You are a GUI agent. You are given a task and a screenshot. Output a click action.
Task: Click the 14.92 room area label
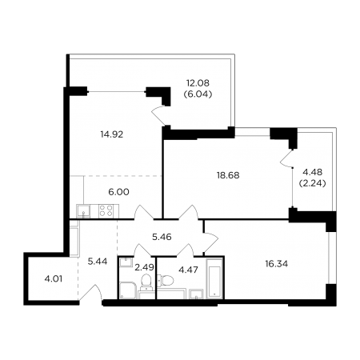(112, 134)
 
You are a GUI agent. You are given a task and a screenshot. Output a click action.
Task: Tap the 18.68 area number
(228, 175)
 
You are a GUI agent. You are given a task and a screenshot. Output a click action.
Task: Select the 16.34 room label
(277, 264)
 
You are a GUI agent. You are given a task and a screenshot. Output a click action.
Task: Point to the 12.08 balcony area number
(198, 83)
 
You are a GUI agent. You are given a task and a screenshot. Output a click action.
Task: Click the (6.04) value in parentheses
(198, 94)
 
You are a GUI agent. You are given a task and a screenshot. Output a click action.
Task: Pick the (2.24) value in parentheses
(313, 183)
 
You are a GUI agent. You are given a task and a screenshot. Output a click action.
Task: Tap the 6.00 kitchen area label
(118, 192)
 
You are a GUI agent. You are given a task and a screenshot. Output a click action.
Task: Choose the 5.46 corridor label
(162, 237)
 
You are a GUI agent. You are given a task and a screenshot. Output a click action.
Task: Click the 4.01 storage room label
(54, 279)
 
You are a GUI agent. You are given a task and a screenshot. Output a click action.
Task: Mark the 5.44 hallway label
(98, 262)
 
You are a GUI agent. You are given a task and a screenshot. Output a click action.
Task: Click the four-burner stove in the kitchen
(106, 211)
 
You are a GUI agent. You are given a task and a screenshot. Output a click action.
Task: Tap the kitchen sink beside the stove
(83, 211)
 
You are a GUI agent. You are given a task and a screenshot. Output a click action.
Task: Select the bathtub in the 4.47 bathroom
(215, 278)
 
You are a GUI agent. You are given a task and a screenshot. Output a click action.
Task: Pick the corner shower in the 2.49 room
(128, 290)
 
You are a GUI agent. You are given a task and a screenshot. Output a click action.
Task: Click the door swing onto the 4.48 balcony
(286, 158)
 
